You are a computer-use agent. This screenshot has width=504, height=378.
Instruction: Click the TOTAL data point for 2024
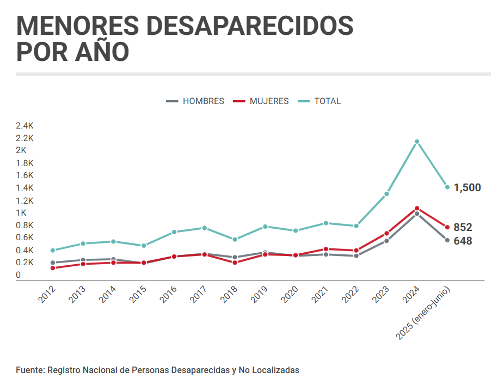(417, 142)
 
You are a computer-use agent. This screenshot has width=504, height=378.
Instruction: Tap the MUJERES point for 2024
(417, 208)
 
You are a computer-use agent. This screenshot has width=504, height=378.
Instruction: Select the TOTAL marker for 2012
(53, 251)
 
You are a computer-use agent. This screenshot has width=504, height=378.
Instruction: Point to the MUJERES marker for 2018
(235, 263)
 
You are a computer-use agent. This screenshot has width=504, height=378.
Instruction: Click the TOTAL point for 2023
(386, 194)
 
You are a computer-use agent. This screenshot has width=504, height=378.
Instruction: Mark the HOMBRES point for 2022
(357, 255)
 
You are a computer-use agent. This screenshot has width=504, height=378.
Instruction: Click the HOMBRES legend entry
(195, 101)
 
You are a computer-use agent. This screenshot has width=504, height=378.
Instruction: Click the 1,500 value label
(467, 188)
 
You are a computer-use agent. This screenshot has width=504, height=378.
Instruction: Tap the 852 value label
(463, 227)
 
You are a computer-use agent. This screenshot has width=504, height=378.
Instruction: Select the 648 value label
(463, 241)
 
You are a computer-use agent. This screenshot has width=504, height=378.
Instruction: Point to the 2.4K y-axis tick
(25, 125)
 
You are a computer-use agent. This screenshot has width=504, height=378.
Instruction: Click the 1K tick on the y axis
(22, 213)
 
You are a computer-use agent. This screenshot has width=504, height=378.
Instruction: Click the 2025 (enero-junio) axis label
(425, 313)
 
